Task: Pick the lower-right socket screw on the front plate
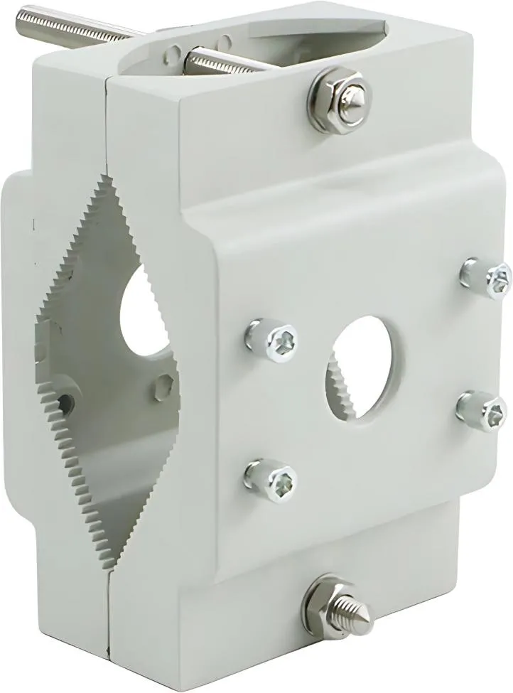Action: pos(483,410)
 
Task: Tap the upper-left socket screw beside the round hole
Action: pos(273,339)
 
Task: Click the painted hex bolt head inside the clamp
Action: pos(164,387)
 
